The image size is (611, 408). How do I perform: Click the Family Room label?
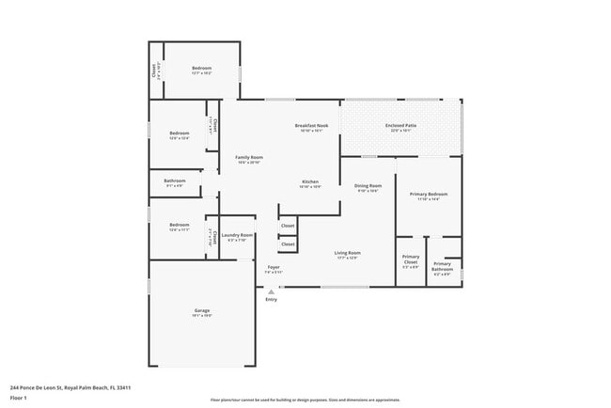[x=249, y=157]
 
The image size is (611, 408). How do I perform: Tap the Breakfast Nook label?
[x=311, y=126]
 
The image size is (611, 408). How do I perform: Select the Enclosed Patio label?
[x=401, y=126]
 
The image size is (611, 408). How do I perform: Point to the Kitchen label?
[x=310, y=181]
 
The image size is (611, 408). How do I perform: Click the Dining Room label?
[x=368, y=186]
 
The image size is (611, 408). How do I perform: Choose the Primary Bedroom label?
[x=428, y=195]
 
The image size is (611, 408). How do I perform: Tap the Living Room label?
[x=348, y=253]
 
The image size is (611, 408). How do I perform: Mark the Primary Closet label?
[x=411, y=259]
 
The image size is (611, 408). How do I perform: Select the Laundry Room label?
[x=237, y=235]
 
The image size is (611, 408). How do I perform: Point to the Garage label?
[x=202, y=311]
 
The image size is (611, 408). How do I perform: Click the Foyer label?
[x=274, y=267]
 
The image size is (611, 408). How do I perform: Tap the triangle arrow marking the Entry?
[x=271, y=291]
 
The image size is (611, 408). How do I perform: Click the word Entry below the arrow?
[x=271, y=300]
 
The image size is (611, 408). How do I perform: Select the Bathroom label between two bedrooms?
[x=175, y=180]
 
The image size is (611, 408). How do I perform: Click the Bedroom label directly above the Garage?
[x=180, y=225]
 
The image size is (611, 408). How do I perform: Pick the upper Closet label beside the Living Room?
[x=288, y=226]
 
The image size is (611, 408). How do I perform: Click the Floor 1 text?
[x=19, y=398]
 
